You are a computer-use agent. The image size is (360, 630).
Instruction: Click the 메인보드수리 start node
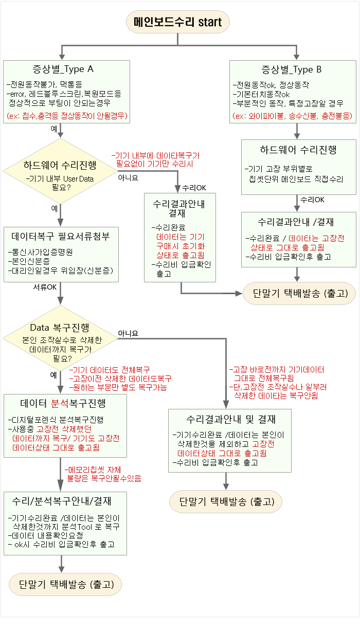[x=177, y=22]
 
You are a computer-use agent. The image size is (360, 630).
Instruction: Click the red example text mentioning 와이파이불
[x=292, y=115]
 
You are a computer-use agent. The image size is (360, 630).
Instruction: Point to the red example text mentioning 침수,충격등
[x=67, y=115]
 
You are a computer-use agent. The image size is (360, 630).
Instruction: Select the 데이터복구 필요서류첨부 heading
[x=61, y=237]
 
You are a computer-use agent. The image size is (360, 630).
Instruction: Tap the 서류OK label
[x=45, y=286]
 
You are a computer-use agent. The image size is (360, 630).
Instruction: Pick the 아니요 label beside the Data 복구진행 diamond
[x=129, y=333]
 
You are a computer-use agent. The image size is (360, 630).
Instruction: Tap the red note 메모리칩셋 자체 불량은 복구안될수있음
[x=103, y=474]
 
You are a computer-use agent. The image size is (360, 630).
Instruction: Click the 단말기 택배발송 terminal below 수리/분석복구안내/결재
[x=67, y=584]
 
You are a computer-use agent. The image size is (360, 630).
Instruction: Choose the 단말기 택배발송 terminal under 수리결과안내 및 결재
[x=226, y=501]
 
